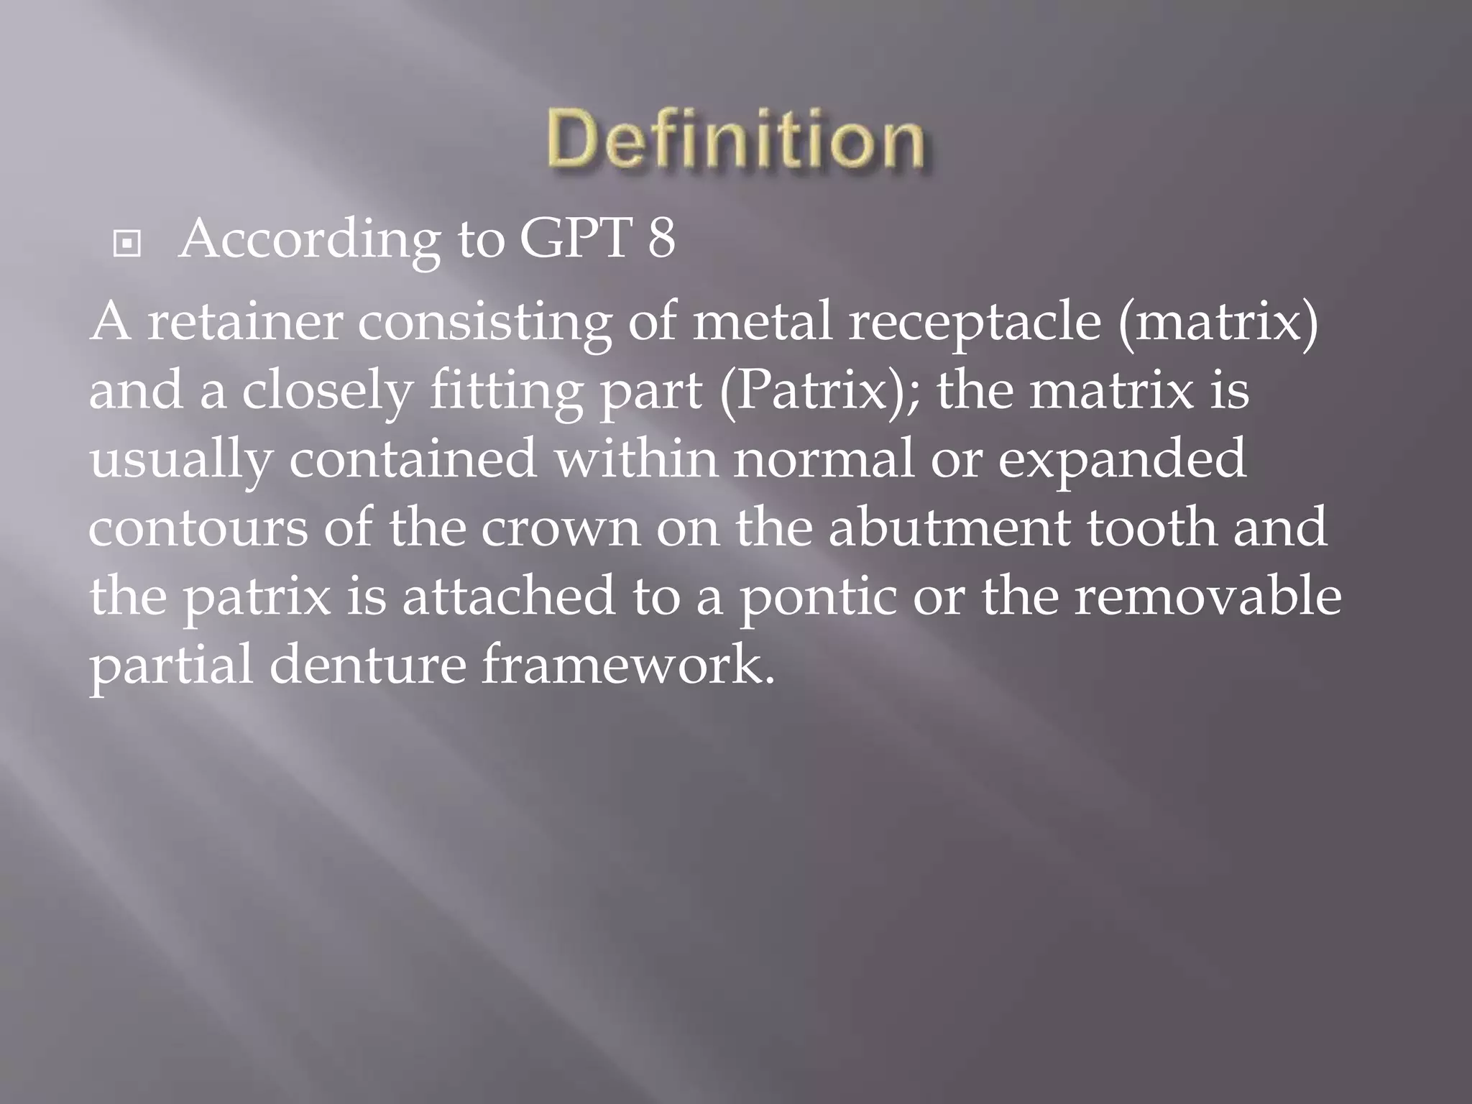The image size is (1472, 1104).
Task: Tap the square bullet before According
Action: (127, 245)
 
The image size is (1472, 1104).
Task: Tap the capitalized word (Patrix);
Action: (819, 392)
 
